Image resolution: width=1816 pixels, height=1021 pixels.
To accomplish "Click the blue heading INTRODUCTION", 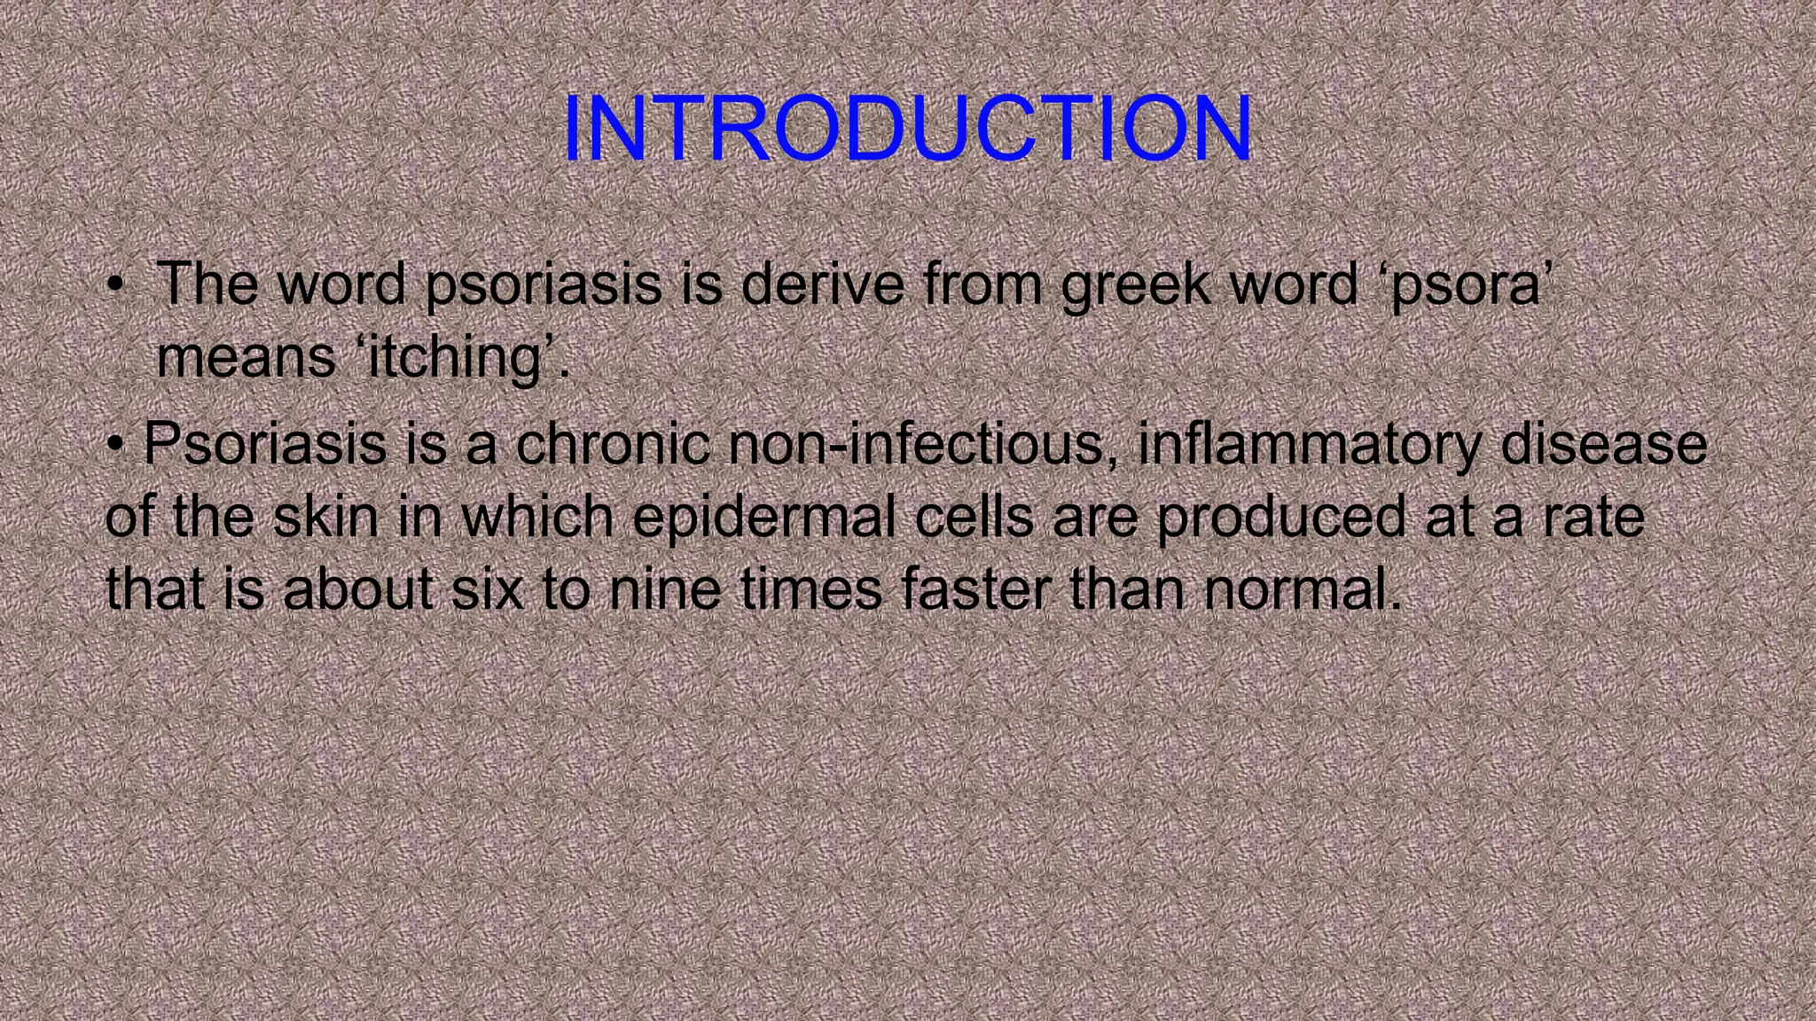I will coord(907,130).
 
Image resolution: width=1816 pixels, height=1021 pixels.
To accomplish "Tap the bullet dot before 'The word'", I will coord(114,287).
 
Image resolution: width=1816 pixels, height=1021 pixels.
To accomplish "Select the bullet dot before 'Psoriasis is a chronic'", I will coord(114,444).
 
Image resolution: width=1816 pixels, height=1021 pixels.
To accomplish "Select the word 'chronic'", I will coord(613,443).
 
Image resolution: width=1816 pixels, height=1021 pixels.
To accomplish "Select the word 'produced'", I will coord(1280,518).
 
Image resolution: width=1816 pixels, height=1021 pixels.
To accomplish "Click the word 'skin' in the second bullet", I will coord(325,516).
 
